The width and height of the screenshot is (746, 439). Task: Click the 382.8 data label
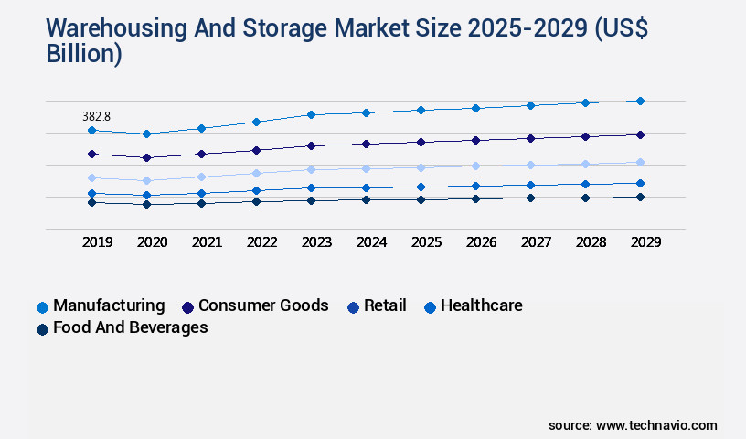point(95,116)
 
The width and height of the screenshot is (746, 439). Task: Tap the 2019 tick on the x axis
point(98,242)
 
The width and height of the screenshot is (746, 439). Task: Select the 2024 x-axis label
point(371,242)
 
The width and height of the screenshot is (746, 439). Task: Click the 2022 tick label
point(262,242)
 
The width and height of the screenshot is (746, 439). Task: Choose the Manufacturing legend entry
point(108,305)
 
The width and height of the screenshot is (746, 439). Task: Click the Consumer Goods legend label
point(262,305)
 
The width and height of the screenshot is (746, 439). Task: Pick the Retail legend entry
point(384,305)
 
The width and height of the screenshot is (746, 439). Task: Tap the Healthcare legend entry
point(481,305)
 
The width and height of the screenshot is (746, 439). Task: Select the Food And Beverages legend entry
point(130,327)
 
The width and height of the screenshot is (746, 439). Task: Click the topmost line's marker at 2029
point(640,101)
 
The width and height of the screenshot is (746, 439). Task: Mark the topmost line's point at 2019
point(91,131)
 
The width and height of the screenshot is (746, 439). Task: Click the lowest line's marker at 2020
point(146,204)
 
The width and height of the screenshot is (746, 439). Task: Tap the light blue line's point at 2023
point(311,169)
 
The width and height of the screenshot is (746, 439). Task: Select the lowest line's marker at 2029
point(640,197)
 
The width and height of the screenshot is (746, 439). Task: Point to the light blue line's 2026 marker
point(475,166)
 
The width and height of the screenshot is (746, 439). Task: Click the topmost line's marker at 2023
point(311,114)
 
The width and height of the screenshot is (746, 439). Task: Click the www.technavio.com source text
point(656,425)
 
